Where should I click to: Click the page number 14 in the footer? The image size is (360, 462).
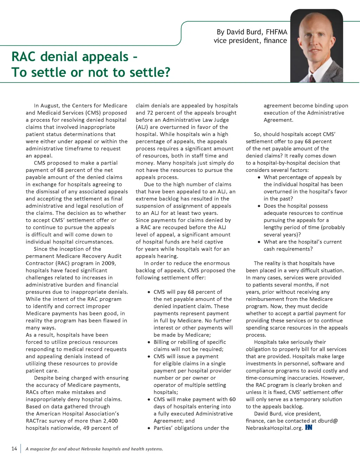pos(14,448)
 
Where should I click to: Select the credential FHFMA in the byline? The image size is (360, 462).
pos(276,32)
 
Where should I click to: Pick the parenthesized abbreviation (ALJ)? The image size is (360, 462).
pos(142,127)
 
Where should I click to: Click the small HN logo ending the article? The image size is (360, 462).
pos(309,428)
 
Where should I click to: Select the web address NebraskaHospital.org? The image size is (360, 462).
pos(274,428)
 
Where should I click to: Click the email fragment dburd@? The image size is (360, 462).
pos(328,421)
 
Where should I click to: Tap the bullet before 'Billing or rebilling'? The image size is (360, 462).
pos(149,342)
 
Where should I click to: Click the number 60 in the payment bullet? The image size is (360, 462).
pos(232,399)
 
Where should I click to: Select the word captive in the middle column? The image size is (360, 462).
pos(213,242)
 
